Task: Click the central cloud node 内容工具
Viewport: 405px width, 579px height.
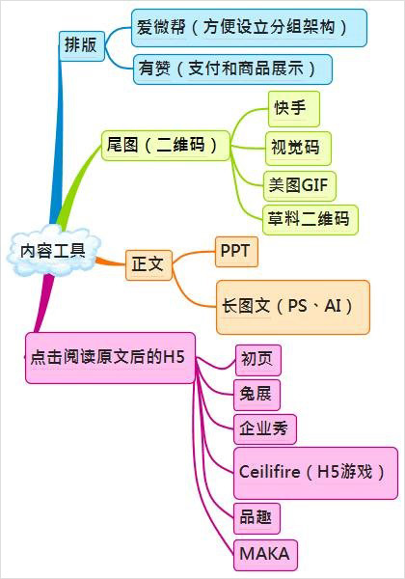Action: click(x=53, y=250)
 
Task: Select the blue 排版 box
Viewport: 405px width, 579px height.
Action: click(x=82, y=45)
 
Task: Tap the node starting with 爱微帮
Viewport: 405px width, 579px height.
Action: click(x=249, y=28)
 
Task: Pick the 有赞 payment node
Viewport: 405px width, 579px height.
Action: click(x=232, y=69)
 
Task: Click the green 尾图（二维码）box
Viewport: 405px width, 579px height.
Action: click(x=166, y=145)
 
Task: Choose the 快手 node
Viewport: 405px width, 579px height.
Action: click(x=293, y=109)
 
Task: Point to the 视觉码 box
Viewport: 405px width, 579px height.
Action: click(x=298, y=148)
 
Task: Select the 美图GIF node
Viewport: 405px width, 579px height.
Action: click(x=300, y=185)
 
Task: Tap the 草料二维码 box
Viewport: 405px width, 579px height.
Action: click(x=310, y=220)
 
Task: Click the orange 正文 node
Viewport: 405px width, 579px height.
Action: click(x=148, y=264)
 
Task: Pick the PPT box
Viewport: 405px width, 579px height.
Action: click(x=236, y=252)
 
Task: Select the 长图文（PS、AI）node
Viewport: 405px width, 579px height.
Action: click(x=293, y=307)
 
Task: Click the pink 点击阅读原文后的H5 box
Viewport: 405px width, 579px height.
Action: click(x=110, y=358)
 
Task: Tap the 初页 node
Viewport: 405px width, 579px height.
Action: click(x=257, y=360)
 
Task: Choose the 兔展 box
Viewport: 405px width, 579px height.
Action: click(x=256, y=395)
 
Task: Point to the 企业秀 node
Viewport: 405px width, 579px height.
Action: click(x=265, y=429)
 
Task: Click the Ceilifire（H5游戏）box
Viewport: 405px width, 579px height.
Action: click(x=315, y=473)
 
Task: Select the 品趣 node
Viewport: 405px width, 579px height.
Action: click(x=256, y=518)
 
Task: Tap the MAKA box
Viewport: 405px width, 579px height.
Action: click(x=265, y=555)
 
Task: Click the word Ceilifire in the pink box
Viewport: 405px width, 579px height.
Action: click(x=269, y=472)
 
